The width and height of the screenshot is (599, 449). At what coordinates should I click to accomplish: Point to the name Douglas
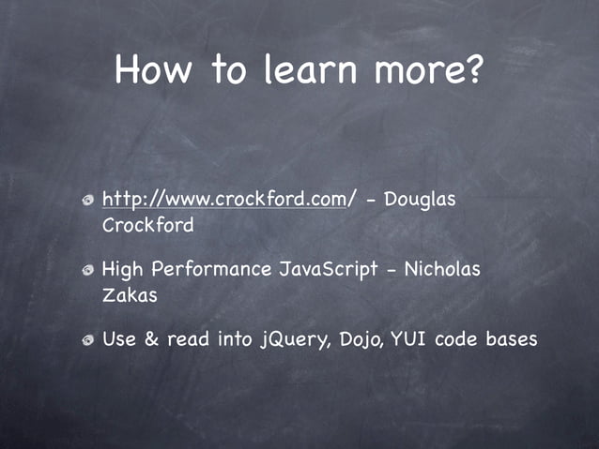[x=421, y=200]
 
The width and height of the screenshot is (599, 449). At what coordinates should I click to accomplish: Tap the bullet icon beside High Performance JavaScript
[x=86, y=271]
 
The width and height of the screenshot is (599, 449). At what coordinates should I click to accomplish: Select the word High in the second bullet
[x=121, y=270]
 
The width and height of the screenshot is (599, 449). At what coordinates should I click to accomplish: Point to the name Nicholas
[x=442, y=270]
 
